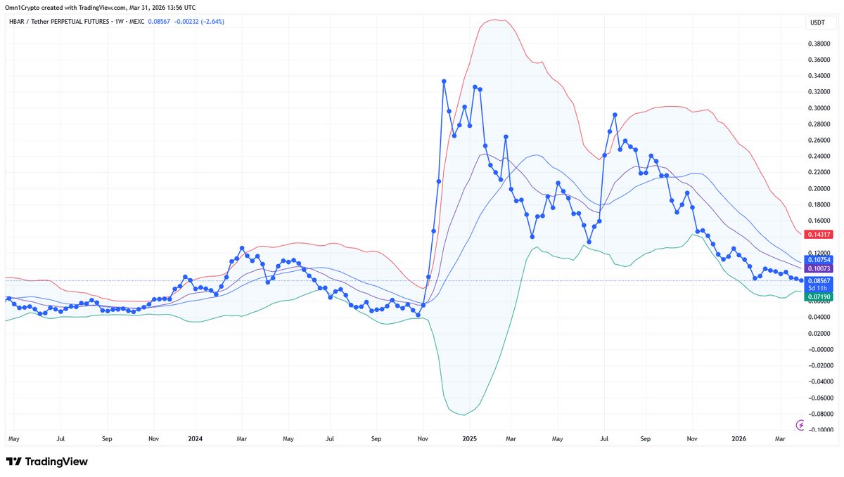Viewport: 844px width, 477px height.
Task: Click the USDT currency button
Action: [x=817, y=23]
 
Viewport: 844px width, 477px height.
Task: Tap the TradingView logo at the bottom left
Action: [x=47, y=462]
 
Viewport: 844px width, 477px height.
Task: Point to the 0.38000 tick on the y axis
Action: [x=819, y=44]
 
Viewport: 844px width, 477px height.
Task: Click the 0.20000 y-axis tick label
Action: [x=819, y=188]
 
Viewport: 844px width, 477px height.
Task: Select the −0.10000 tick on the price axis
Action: [x=818, y=429]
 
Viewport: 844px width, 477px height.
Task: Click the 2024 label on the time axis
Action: [x=195, y=439]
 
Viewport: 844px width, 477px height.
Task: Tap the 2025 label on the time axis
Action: [x=469, y=439]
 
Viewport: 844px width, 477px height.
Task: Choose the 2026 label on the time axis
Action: [x=738, y=439]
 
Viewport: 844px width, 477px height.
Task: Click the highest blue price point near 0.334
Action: [x=444, y=81]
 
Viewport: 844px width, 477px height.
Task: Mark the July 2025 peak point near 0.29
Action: [x=615, y=115]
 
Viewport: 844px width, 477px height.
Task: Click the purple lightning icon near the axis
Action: [x=800, y=425]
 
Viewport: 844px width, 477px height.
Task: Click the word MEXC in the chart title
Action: [x=138, y=22]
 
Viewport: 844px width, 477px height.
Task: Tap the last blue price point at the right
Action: [x=801, y=281]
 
